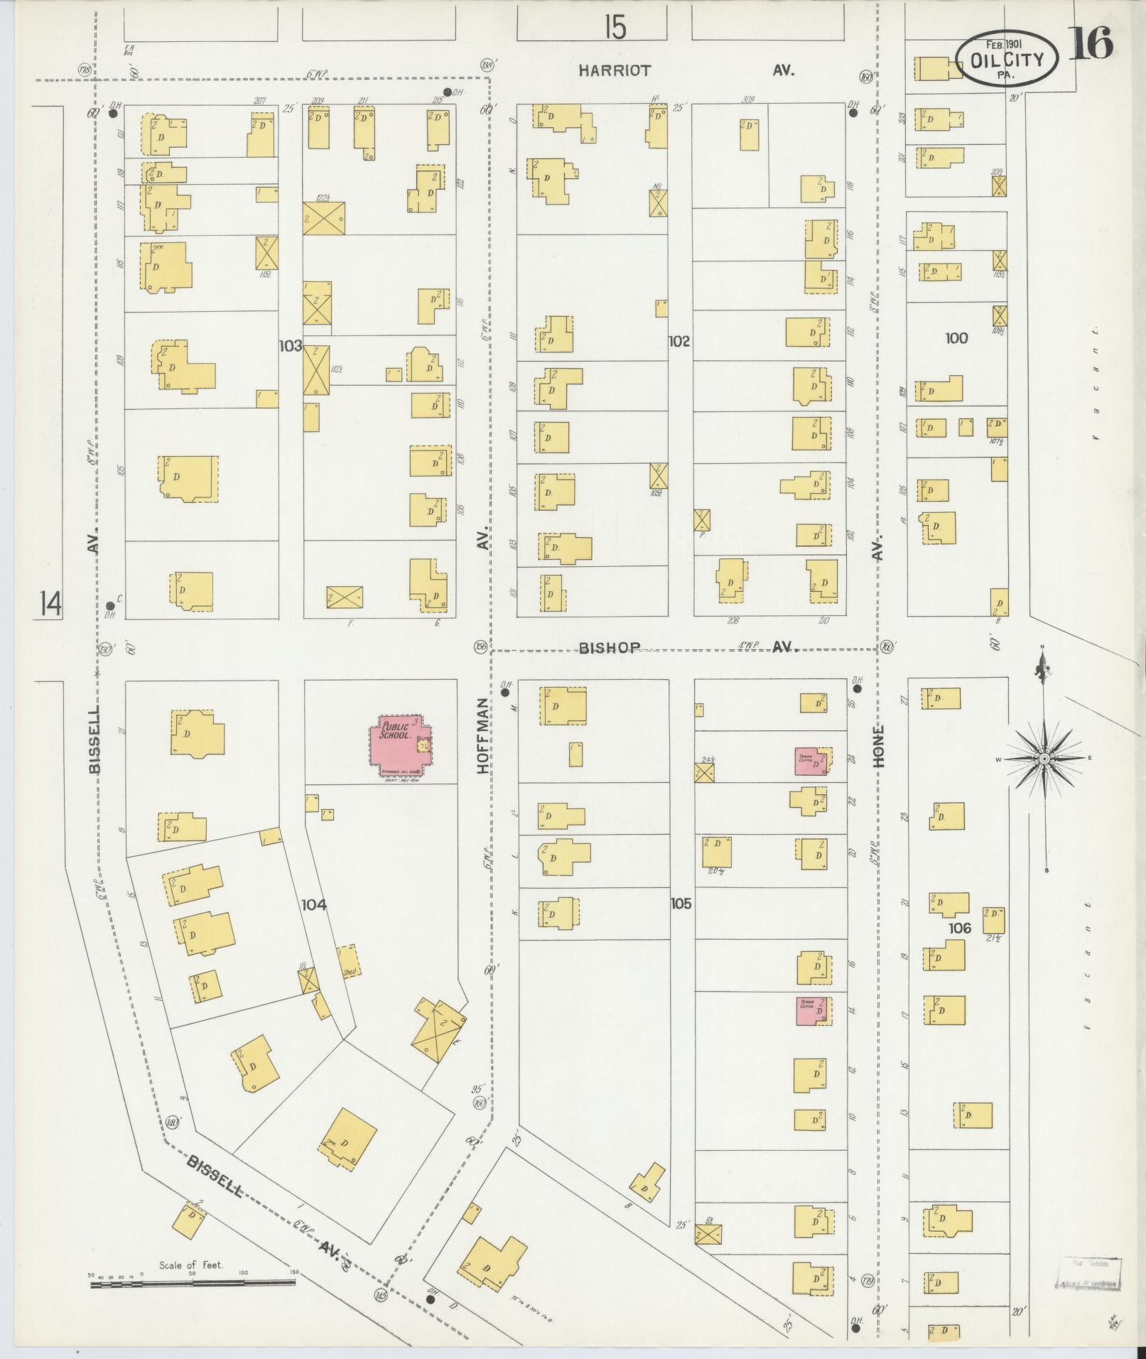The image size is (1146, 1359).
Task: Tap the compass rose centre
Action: click(1044, 759)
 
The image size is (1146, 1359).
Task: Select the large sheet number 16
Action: click(1088, 45)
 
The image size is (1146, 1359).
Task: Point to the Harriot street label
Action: click(614, 70)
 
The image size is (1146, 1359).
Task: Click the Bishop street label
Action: click(610, 647)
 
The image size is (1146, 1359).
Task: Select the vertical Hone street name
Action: click(879, 746)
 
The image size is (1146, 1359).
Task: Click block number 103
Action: click(291, 346)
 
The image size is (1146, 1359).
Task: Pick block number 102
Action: click(679, 342)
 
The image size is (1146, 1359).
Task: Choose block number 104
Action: click(313, 904)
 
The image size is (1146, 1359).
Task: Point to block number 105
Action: click(680, 904)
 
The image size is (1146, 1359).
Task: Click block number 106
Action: click(958, 928)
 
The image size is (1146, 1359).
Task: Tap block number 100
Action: click(956, 338)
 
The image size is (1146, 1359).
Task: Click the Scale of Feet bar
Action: click(193, 1283)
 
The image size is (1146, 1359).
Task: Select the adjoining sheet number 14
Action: click(50, 604)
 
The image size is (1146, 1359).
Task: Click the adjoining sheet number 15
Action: click(615, 28)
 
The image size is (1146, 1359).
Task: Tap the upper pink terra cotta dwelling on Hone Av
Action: click(810, 761)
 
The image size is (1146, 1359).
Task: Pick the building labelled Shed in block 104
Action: click(349, 961)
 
